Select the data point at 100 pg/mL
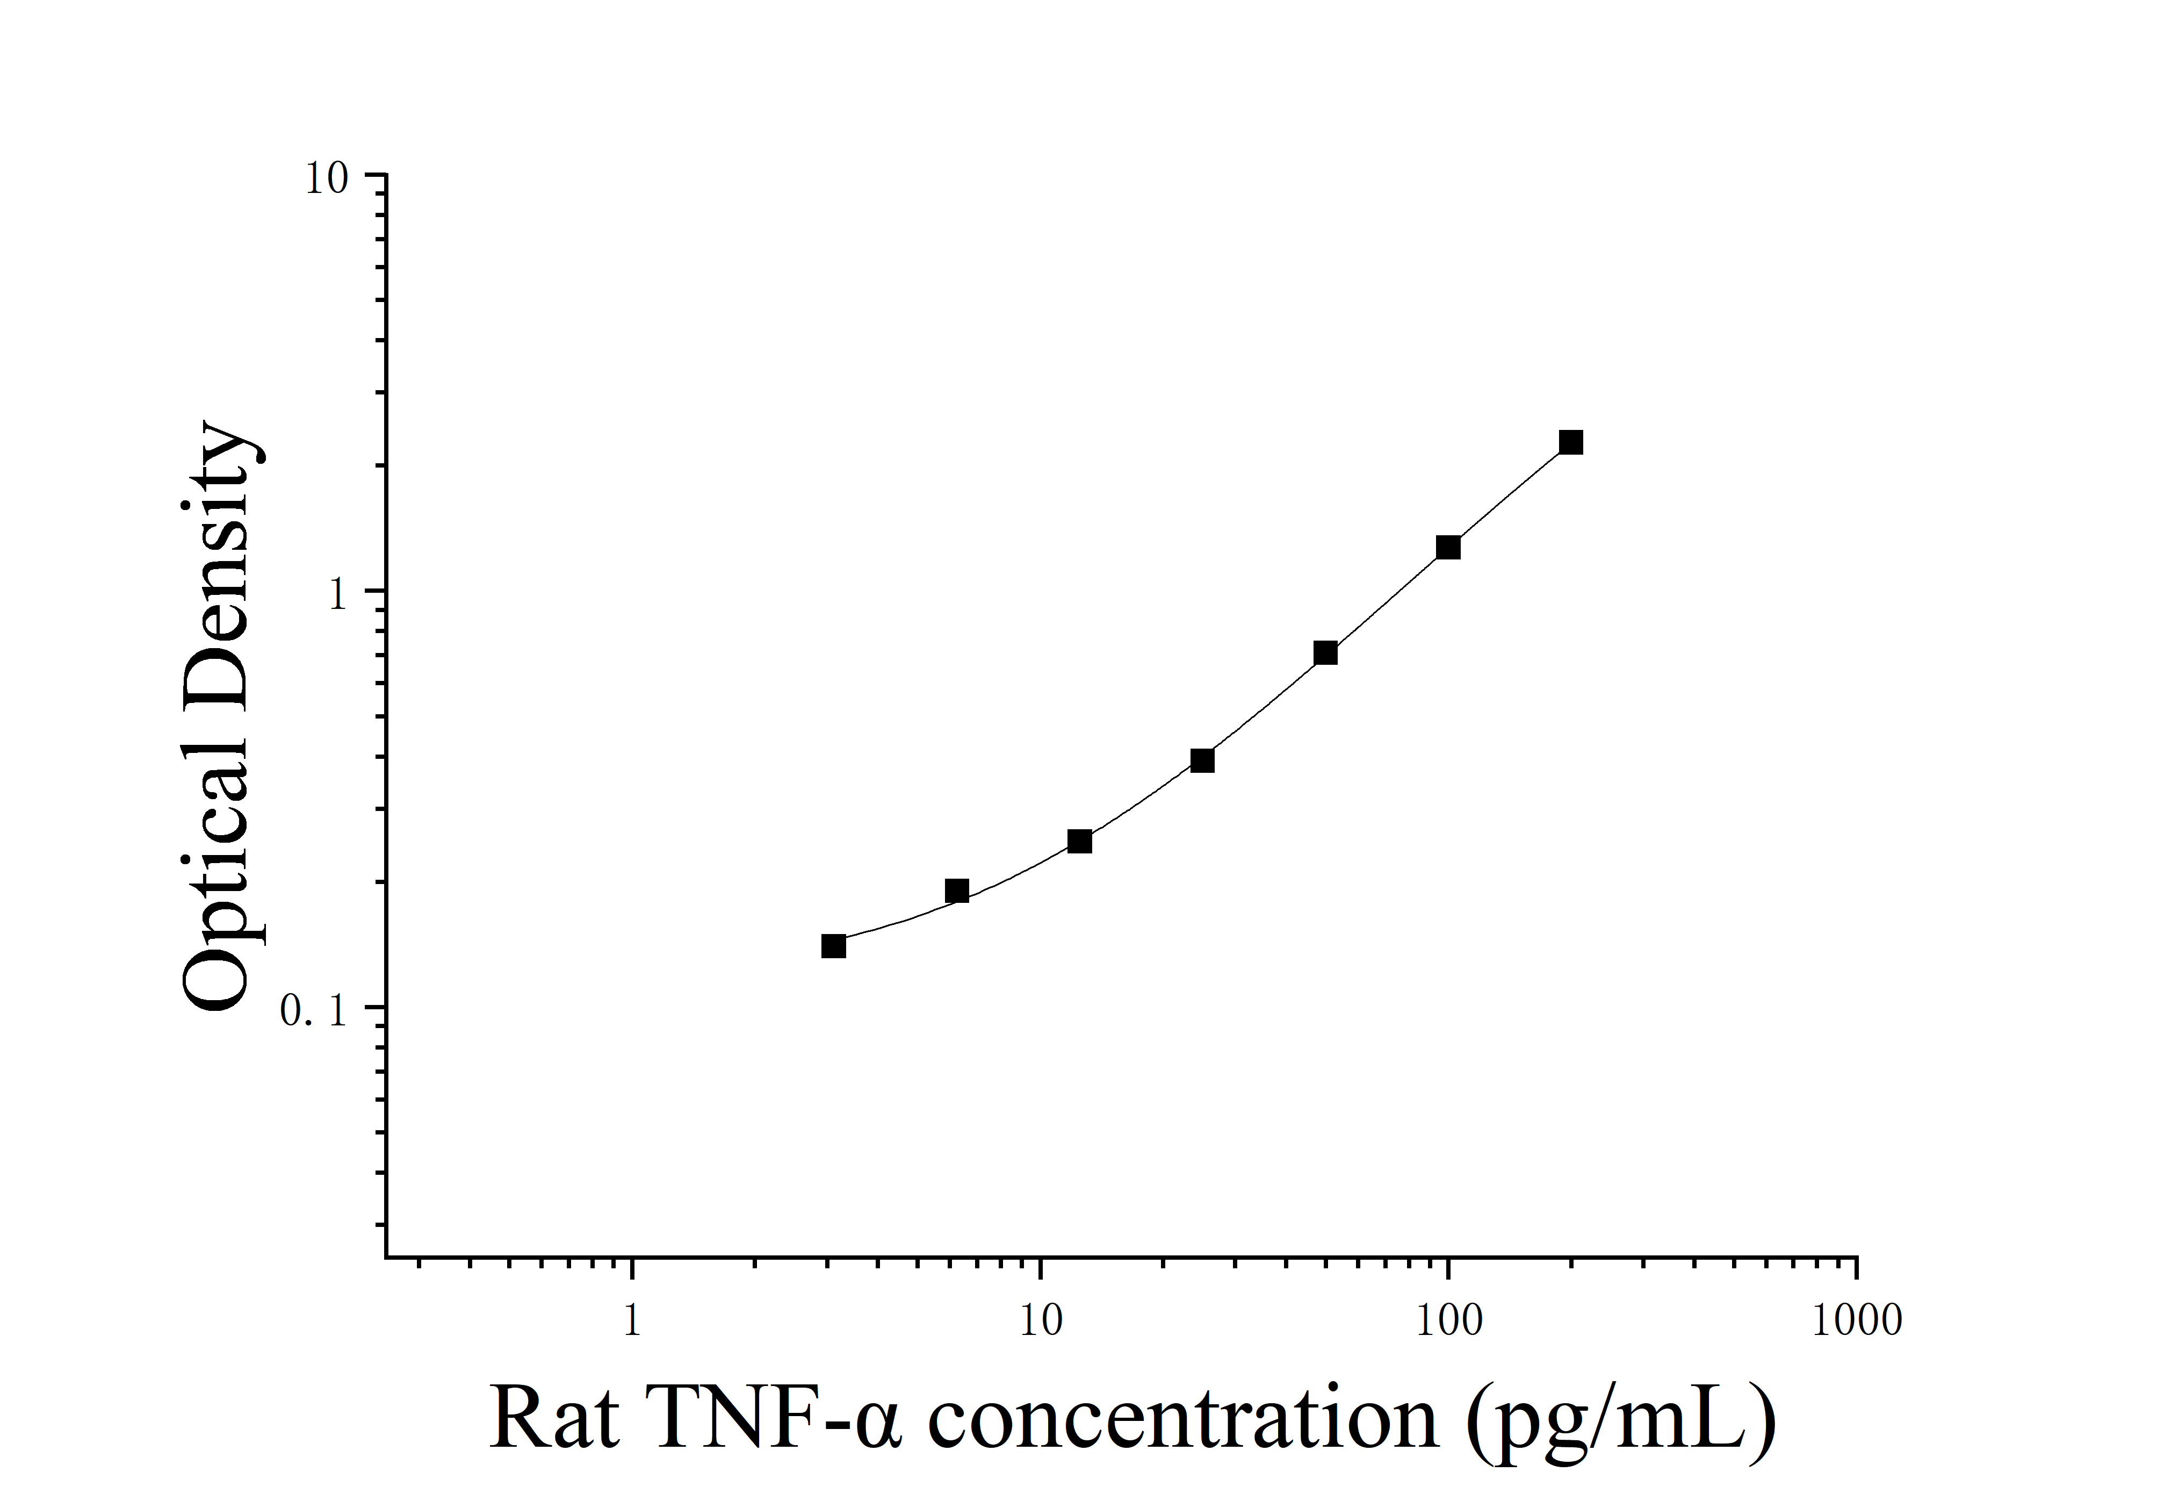(x=1448, y=547)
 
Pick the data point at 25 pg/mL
(x=1202, y=760)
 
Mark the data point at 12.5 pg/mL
(x=1079, y=841)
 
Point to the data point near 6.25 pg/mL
(x=956, y=891)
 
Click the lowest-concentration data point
(x=833, y=945)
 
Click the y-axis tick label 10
(x=326, y=178)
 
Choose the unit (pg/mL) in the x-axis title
(x=1620, y=1424)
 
